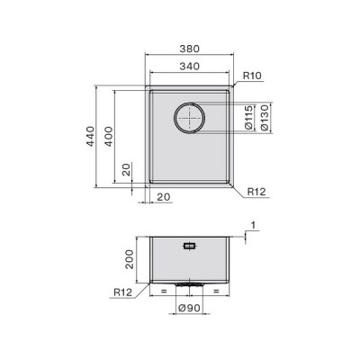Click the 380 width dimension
tap(189, 49)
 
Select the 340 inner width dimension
tap(189, 67)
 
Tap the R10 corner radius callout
tap(252, 76)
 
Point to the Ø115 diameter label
tap(248, 118)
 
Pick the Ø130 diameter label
tap(264, 118)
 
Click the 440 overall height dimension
tap(90, 137)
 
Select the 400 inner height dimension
tap(109, 137)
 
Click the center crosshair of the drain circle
tap(190, 118)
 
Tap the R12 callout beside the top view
tap(256, 192)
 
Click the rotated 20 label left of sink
tap(127, 169)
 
